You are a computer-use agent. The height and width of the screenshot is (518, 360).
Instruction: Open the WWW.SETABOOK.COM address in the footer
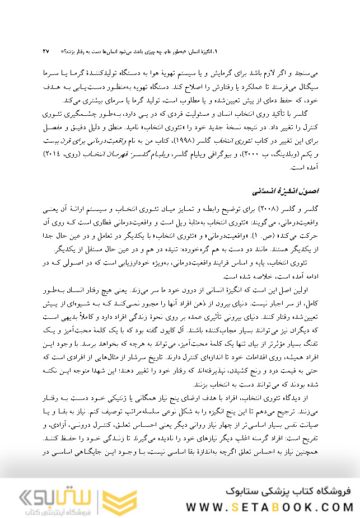pos(268,507)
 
